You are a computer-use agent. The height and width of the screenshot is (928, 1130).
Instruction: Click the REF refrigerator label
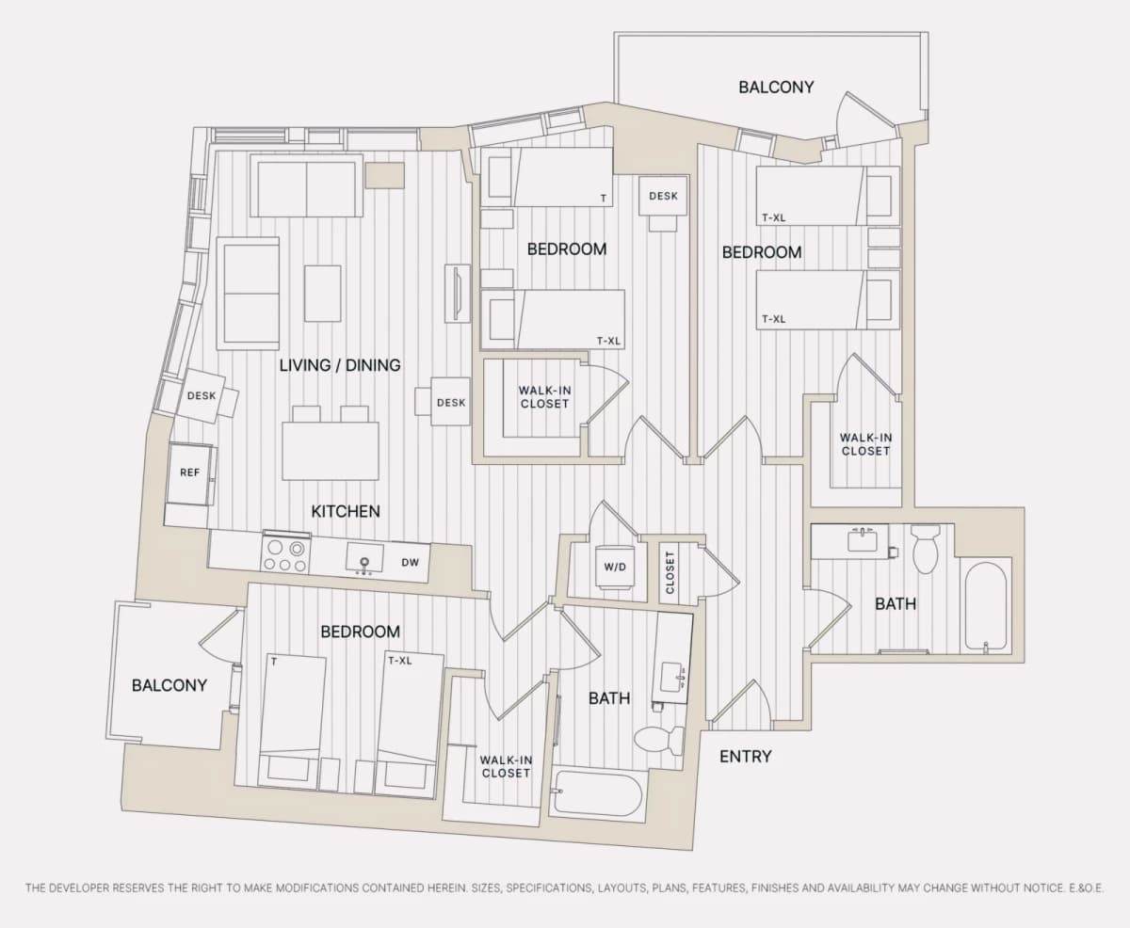[x=189, y=472]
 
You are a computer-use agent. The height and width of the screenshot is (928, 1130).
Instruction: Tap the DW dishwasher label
[x=410, y=562]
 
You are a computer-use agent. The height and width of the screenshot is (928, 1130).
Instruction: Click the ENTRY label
[x=745, y=756]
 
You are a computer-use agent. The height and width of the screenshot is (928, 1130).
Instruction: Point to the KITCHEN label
[x=346, y=511]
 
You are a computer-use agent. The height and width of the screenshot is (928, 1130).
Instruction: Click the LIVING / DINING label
[x=340, y=365]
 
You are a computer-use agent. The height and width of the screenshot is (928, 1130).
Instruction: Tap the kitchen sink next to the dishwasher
[x=364, y=558]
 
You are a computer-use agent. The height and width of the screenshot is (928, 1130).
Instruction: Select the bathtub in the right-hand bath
[x=985, y=605]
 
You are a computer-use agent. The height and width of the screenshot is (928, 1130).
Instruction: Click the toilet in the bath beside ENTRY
[x=659, y=740]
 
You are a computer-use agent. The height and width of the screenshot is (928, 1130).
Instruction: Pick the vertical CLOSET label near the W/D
[x=670, y=572]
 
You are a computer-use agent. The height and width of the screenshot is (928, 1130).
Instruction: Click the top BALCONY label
[x=776, y=88]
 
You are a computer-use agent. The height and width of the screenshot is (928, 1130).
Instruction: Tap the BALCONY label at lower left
[x=169, y=685]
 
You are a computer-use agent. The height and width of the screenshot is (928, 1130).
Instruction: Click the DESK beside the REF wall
[x=201, y=395]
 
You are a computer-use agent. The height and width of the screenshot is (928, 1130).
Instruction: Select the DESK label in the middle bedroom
[x=663, y=196]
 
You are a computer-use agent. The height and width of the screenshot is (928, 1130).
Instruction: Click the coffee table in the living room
[x=323, y=294]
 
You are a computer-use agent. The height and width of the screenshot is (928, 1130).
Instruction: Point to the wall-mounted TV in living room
[x=457, y=294]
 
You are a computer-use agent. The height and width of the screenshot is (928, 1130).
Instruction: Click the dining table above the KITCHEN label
[x=331, y=451]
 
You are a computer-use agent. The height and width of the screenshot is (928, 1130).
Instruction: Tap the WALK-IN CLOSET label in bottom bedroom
[x=506, y=766]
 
